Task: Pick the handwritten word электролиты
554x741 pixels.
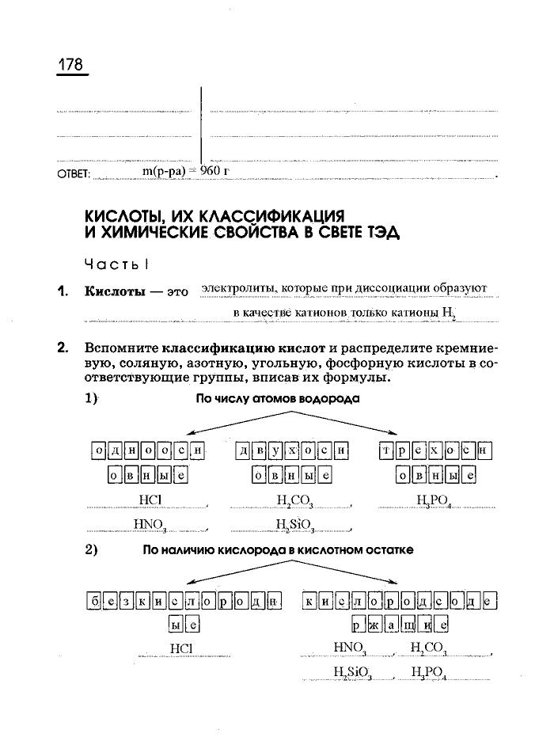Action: tap(234, 287)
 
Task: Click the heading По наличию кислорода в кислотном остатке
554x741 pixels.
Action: tap(278, 549)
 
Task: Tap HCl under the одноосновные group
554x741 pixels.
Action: tap(150, 500)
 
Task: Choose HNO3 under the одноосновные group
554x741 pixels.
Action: tap(150, 523)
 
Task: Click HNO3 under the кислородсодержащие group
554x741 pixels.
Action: tap(350, 648)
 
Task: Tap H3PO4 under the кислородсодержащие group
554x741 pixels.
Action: tap(429, 674)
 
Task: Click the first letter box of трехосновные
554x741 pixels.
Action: tap(387, 451)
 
